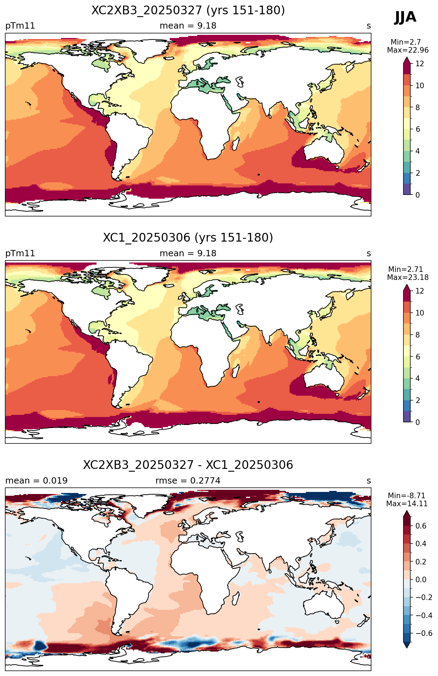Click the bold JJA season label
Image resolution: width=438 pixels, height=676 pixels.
[x=405, y=17]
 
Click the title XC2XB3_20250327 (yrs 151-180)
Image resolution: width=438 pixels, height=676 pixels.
[x=188, y=10]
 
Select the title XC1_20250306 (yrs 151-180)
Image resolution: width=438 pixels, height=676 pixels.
[x=188, y=238]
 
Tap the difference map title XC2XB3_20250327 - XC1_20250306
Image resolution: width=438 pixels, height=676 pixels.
[x=188, y=465]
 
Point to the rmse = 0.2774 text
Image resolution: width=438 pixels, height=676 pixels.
[x=188, y=481]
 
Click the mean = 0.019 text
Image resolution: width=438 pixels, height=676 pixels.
[x=37, y=481]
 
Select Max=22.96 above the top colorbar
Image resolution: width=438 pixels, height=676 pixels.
[x=408, y=50]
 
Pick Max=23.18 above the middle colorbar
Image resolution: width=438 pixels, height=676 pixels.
[x=408, y=278]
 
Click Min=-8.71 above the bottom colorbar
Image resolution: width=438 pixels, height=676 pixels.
[x=407, y=496]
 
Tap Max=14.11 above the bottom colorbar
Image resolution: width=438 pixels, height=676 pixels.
[x=407, y=504]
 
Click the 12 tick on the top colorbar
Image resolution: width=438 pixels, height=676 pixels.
[x=420, y=63]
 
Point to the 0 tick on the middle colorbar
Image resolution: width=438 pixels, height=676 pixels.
[x=418, y=422]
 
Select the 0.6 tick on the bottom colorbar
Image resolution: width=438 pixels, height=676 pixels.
[x=421, y=526]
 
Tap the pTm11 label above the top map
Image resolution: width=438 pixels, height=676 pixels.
[x=20, y=26]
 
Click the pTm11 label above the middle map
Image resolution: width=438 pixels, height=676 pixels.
[x=20, y=253]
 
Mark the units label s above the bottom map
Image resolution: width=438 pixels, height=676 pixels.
[x=369, y=481]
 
